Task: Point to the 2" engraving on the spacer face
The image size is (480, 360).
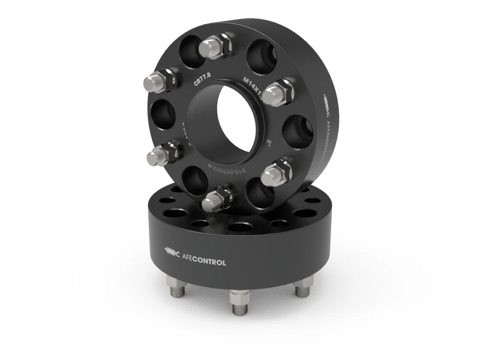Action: pos(269,143)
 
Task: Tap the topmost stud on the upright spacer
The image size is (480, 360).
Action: pos(215,45)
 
